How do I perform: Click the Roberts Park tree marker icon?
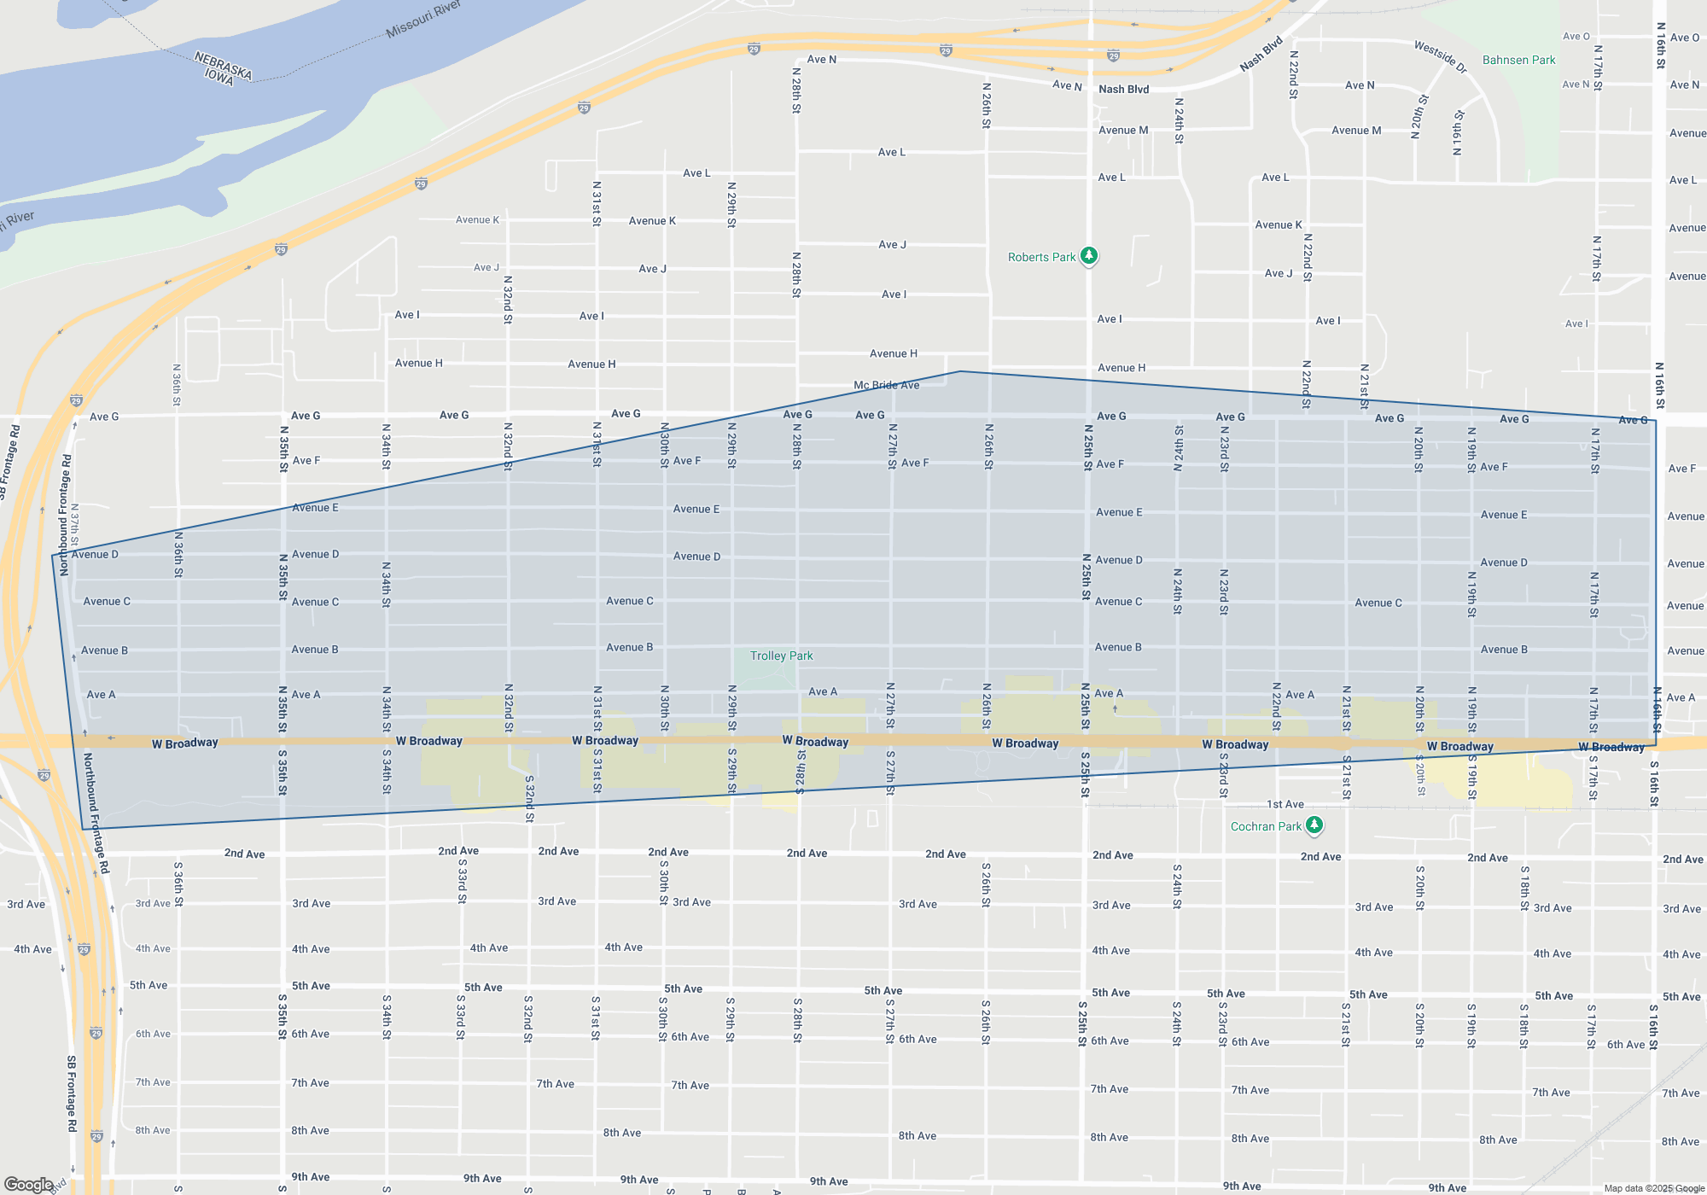[x=1088, y=255]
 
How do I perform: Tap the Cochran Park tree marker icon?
[x=1314, y=825]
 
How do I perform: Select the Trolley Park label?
[x=781, y=656]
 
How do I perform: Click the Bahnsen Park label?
[x=1518, y=60]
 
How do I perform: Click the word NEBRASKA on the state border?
[x=223, y=66]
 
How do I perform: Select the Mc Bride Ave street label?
[x=886, y=385]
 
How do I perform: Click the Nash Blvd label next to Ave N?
[x=1123, y=89]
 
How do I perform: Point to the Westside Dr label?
[x=1440, y=57]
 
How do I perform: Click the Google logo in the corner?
[x=28, y=1184]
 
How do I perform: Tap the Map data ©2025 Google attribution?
[x=1653, y=1188]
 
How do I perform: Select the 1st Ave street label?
[x=1285, y=804]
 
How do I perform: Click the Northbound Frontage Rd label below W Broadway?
[x=96, y=813]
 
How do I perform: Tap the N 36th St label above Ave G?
[x=177, y=385]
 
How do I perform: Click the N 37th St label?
[x=74, y=525]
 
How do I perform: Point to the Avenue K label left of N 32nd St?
[x=477, y=219]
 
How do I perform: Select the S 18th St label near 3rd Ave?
[x=1524, y=888]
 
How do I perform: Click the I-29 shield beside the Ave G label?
[x=76, y=400]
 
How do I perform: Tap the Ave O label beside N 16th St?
[x=1685, y=38]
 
